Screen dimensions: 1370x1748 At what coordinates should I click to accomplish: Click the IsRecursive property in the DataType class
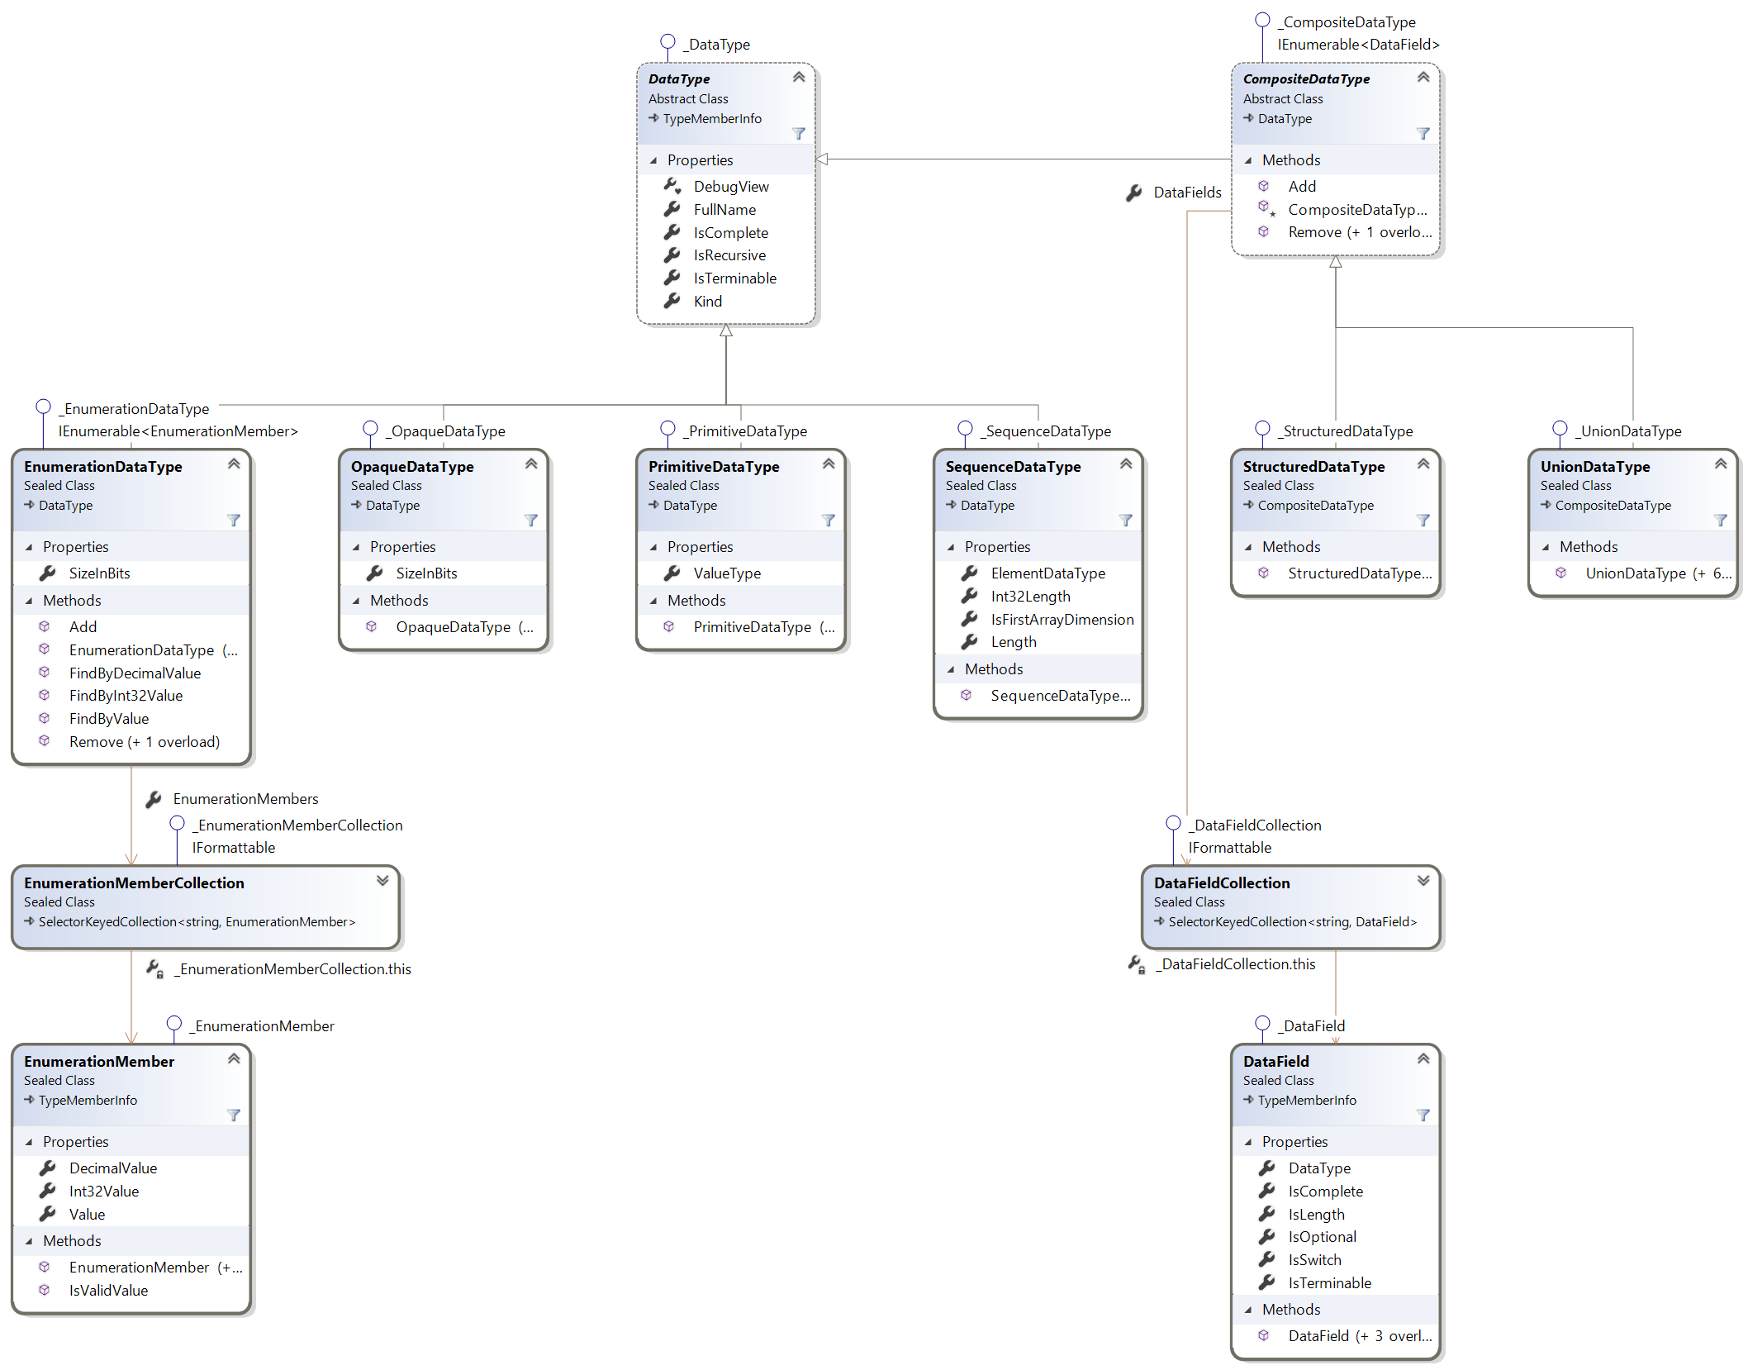point(729,255)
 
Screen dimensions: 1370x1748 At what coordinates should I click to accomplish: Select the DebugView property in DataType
point(730,187)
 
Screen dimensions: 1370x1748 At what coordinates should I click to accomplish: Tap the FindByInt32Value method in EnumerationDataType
point(126,696)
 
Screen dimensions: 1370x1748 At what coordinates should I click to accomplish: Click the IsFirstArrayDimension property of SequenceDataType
point(1062,620)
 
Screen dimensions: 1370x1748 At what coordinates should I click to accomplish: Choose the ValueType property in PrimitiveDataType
point(726,573)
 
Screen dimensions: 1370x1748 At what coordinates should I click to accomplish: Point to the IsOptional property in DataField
point(1322,1237)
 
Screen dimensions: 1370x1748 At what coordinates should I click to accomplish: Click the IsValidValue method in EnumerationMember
point(108,1291)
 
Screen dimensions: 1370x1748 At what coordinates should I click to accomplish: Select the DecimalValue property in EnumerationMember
point(112,1168)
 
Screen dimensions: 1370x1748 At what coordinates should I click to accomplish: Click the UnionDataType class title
point(1594,467)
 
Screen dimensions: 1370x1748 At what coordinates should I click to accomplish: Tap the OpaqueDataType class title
point(411,467)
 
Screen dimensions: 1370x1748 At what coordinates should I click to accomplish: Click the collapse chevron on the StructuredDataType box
point(1423,464)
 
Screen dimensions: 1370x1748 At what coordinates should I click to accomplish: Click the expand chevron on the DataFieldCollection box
point(1423,881)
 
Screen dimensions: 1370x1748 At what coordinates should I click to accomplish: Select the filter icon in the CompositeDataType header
point(1423,134)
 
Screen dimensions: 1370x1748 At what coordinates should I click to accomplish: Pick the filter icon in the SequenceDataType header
point(1125,521)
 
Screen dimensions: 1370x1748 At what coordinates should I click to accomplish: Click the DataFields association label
point(1186,193)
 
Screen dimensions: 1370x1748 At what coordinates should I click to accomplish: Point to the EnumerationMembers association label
point(245,799)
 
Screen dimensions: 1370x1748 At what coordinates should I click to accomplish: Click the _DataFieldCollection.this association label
point(1237,964)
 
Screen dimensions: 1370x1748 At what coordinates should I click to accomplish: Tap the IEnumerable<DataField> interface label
point(1358,45)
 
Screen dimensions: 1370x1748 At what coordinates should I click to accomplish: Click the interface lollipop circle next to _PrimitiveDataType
point(667,428)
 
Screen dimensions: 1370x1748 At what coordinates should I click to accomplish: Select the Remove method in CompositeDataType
point(1358,232)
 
